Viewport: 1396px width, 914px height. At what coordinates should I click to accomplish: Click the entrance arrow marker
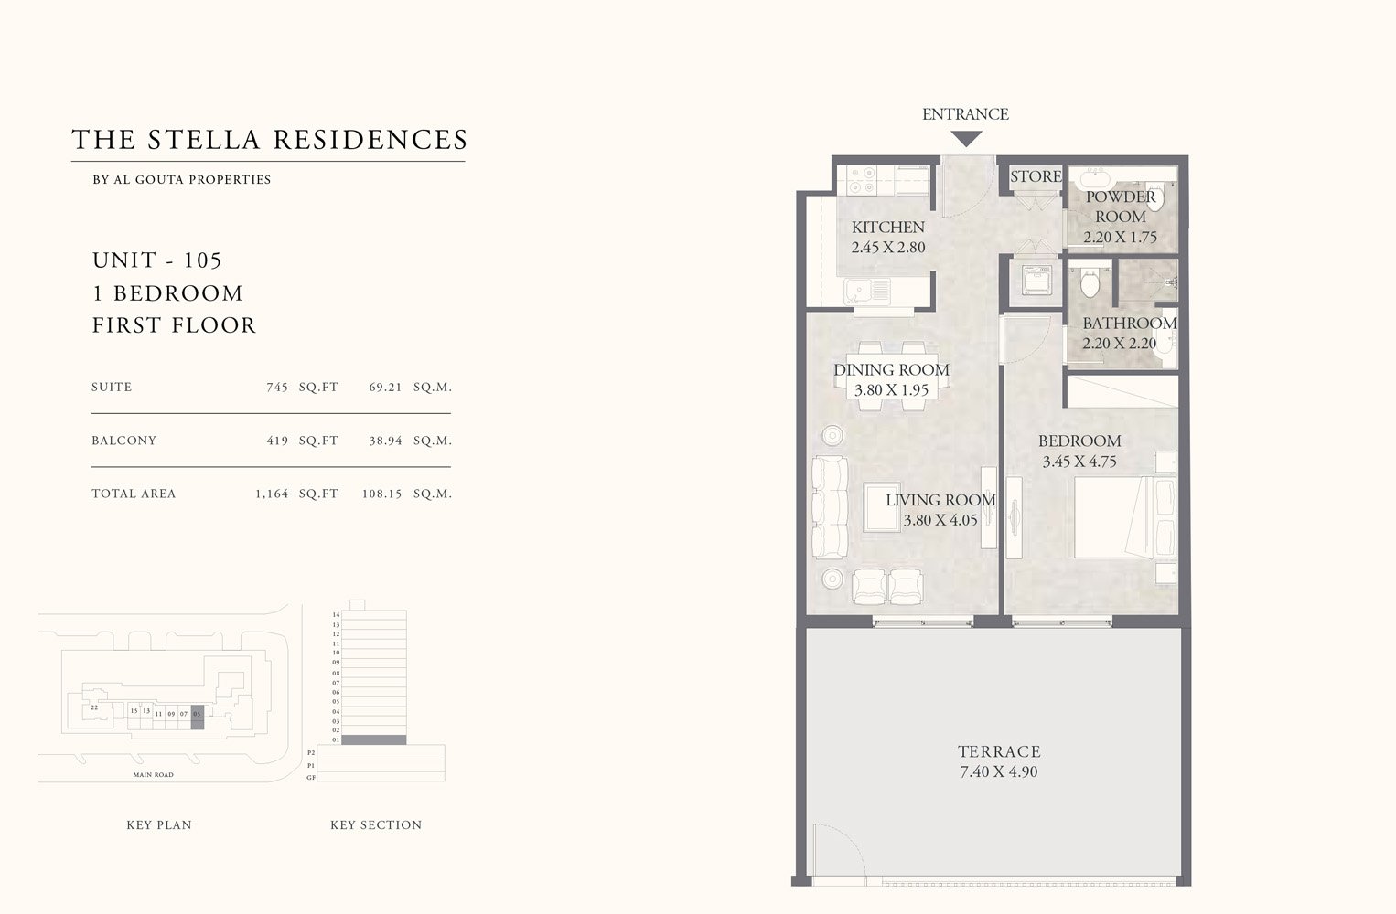[966, 139]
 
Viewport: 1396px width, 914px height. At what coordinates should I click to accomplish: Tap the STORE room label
[1036, 176]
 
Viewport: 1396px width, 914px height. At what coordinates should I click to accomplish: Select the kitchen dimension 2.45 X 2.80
[887, 247]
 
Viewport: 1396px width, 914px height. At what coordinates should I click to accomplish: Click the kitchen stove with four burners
[862, 179]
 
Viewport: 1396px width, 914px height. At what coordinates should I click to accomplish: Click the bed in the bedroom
[1123, 516]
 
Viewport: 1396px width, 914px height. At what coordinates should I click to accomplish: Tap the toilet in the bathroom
[1089, 282]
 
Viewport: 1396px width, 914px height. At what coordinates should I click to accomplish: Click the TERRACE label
[999, 751]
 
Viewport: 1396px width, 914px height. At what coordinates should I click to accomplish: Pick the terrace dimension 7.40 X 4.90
[999, 771]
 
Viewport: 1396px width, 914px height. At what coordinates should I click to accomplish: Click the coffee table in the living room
[884, 506]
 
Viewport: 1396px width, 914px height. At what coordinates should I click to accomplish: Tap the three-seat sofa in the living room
[830, 507]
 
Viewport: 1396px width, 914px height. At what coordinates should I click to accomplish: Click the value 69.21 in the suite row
[385, 387]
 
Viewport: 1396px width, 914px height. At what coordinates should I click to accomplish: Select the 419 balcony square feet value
[277, 441]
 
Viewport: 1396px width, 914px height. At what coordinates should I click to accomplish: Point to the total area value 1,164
[272, 494]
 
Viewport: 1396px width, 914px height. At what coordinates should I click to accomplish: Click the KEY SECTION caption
[376, 824]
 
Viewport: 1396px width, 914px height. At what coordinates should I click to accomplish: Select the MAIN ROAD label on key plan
[153, 775]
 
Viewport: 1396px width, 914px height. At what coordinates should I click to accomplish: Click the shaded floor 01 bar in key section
[373, 739]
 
